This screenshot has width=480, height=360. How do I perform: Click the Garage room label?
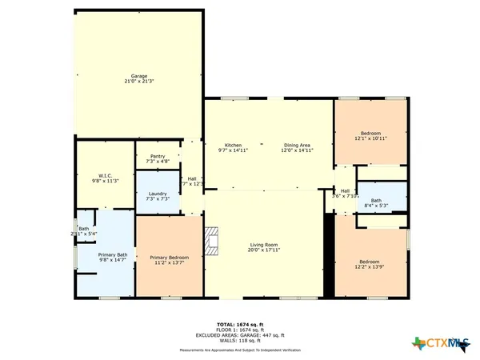pos(139,75)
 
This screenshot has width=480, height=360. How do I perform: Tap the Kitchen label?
pos(233,145)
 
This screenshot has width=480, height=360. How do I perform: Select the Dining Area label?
pos(298,145)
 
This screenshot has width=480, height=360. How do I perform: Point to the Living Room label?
pos(263,244)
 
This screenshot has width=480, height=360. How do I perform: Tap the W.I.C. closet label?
pos(106,175)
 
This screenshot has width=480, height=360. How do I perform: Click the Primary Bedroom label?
pos(169,257)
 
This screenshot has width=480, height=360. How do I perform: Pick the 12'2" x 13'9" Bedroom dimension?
pos(369,265)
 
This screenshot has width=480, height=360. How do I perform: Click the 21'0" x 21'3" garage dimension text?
pos(139,81)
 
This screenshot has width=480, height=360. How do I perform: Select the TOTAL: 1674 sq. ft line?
pos(240,323)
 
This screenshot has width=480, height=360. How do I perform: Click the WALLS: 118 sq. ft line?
pos(240,339)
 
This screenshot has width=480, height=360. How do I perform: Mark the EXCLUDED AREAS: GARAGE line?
pos(240,334)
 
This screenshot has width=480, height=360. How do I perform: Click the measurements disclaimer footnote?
pos(240,350)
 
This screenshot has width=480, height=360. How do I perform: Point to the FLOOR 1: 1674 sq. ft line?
pos(240,329)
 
